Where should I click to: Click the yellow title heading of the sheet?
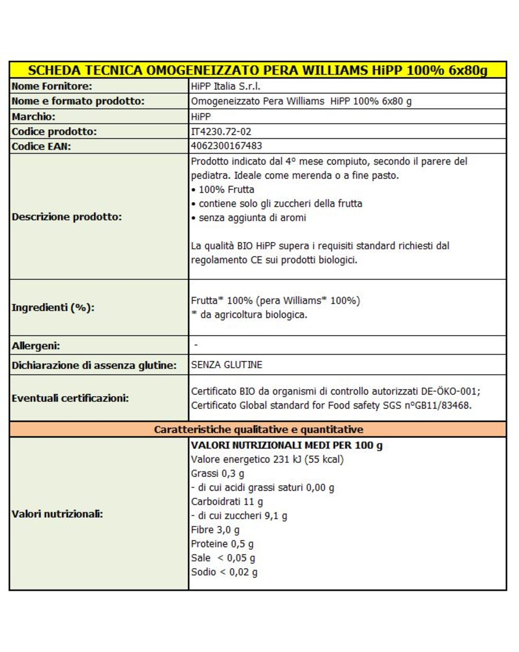click(x=257, y=70)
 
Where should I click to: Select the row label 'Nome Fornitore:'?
click(x=52, y=86)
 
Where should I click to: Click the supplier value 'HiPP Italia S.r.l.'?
click(x=226, y=86)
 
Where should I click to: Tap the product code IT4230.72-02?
click(x=221, y=131)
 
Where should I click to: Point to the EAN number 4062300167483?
click(x=226, y=146)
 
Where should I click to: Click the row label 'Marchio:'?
click(x=34, y=116)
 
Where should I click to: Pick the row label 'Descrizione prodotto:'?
click(x=67, y=217)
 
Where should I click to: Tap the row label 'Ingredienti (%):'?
click(x=53, y=308)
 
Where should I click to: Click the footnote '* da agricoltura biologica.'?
click(x=249, y=315)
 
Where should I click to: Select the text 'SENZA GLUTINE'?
click(x=226, y=365)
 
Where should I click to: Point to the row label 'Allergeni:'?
click(x=36, y=346)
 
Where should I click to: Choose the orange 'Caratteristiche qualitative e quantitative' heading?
click(x=258, y=429)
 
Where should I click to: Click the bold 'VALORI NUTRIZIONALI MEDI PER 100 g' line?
click(x=286, y=445)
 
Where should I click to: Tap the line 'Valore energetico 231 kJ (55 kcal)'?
click(x=267, y=459)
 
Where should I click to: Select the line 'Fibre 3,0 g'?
click(x=215, y=529)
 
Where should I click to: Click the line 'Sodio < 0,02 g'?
click(x=224, y=572)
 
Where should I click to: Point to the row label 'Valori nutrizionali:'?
click(x=57, y=514)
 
